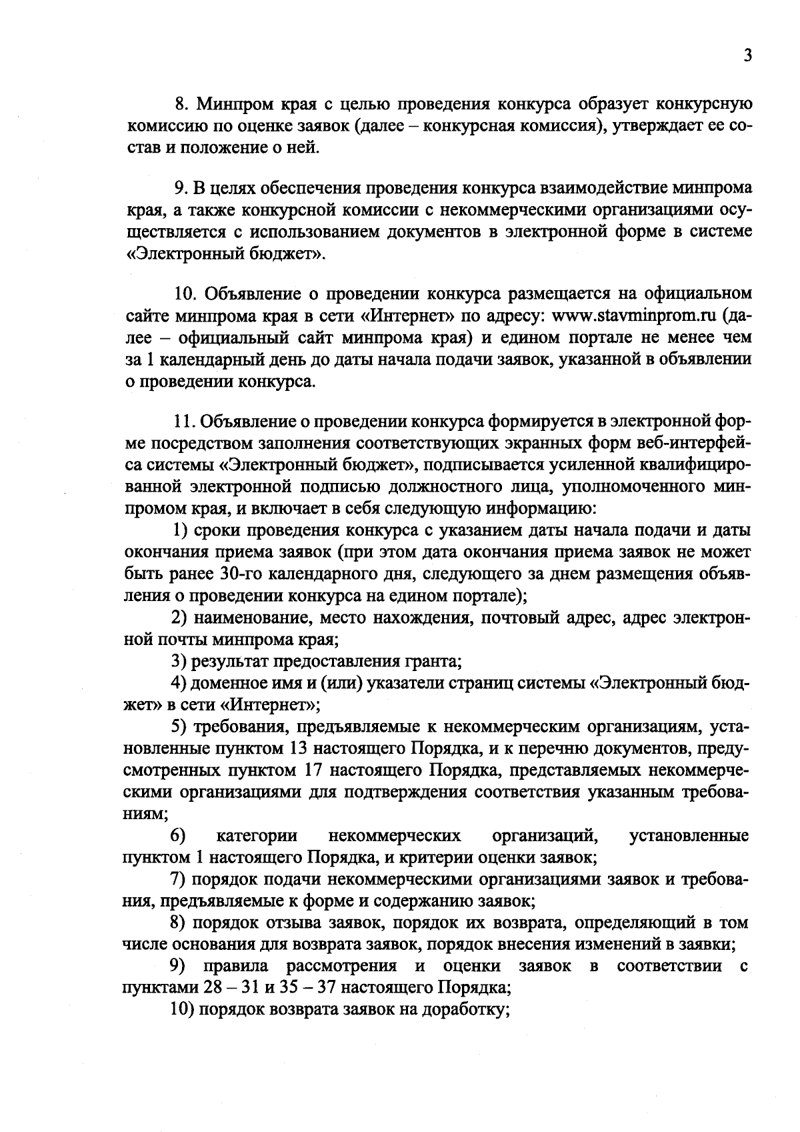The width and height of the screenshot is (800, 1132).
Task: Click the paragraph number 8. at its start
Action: (181, 105)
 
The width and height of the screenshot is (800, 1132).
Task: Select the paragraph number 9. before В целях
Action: (181, 189)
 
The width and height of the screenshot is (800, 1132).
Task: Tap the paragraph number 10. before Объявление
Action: (185, 294)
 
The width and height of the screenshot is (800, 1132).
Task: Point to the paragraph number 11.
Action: (183, 422)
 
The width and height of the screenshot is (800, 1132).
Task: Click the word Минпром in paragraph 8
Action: (227, 105)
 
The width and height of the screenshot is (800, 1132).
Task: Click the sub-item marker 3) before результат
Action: (179, 662)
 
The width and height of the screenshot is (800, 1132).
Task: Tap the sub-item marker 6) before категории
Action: (178, 836)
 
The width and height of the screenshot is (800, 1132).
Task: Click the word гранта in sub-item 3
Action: (431, 662)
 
